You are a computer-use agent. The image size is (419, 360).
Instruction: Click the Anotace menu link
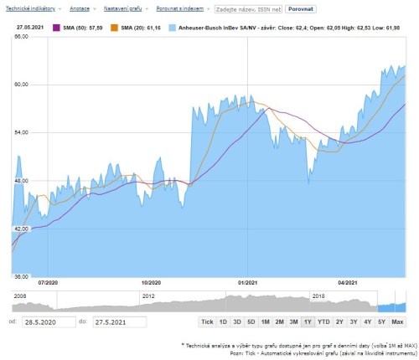coord(80,8)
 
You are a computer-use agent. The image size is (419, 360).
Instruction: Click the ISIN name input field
coord(248,8)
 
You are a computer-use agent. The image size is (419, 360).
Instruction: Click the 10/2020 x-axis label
coord(151,283)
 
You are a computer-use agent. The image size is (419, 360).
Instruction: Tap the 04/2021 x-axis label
coord(349,283)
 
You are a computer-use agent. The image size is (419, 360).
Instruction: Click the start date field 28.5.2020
coord(47,321)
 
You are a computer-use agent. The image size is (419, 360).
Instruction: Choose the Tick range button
coord(207,321)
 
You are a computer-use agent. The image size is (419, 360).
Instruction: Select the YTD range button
coord(323,321)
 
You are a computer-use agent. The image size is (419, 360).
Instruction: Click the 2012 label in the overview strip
coord(148,296)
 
